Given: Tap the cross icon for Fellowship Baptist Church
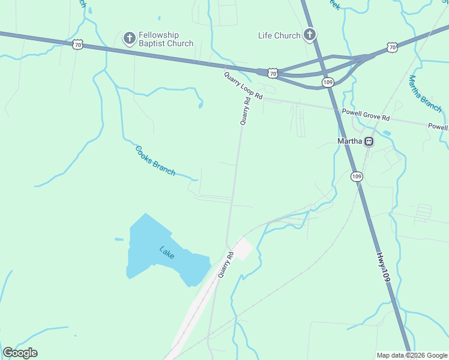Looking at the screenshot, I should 129,39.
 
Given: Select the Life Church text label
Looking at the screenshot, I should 279,35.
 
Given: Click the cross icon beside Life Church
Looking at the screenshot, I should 310,35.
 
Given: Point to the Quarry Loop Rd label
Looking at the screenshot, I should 243,86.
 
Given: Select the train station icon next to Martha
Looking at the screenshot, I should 369,142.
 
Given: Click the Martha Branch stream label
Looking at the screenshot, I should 424,93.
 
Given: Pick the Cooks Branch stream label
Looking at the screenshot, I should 155,161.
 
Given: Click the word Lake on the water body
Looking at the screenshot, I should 167,253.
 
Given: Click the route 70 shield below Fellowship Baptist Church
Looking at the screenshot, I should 77,44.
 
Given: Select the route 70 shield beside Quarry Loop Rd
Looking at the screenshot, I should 273,73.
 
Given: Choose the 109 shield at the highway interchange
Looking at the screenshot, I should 328,82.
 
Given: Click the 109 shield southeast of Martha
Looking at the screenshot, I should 357,176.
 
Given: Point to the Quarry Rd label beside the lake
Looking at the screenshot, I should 224,265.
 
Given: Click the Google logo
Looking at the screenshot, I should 20,353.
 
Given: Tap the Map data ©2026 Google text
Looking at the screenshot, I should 412,355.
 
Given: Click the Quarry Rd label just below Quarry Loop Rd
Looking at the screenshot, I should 245,112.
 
